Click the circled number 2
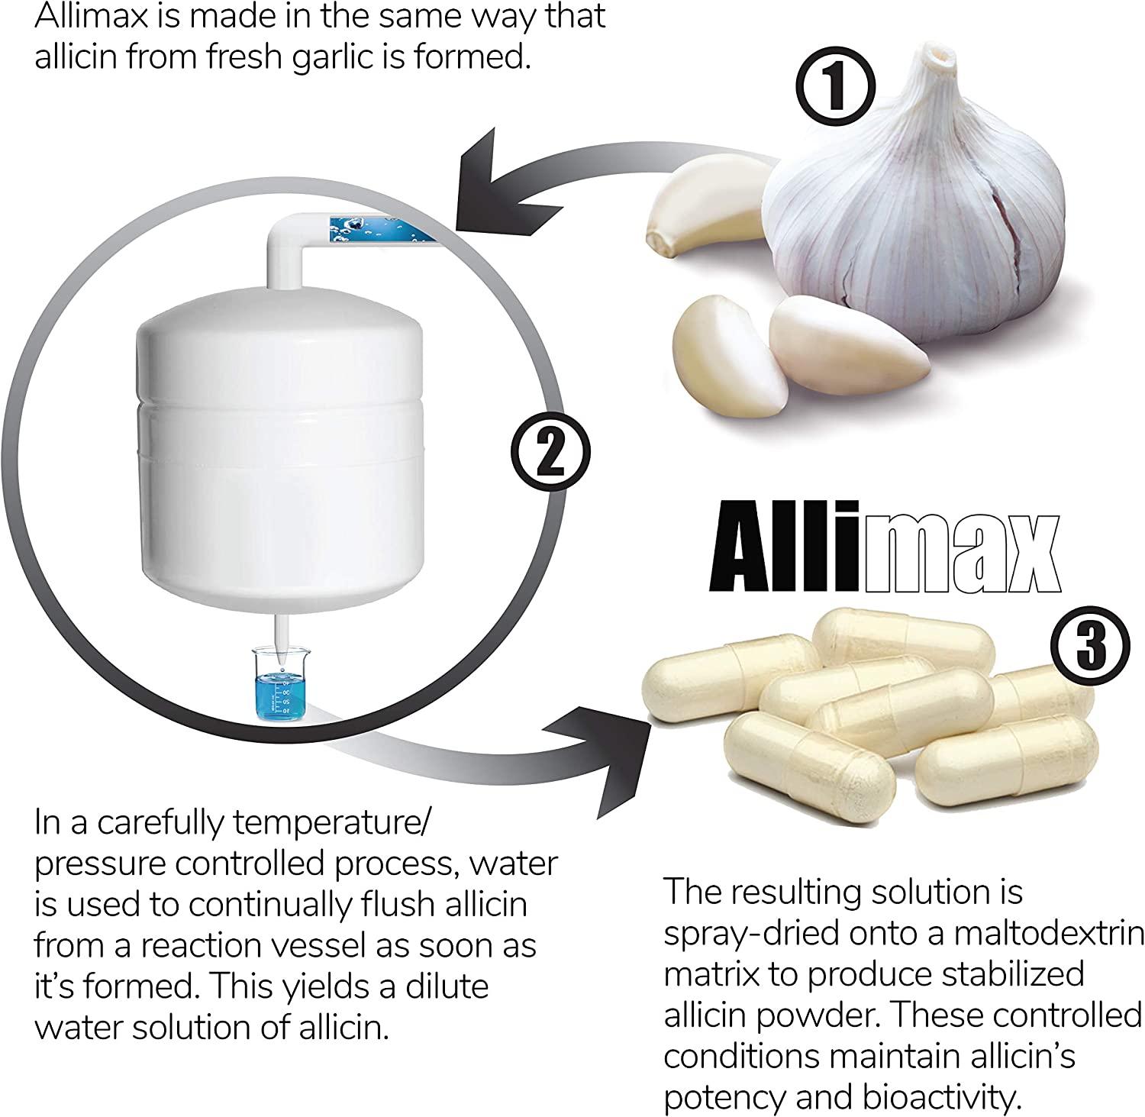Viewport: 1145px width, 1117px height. coord(550,455)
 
